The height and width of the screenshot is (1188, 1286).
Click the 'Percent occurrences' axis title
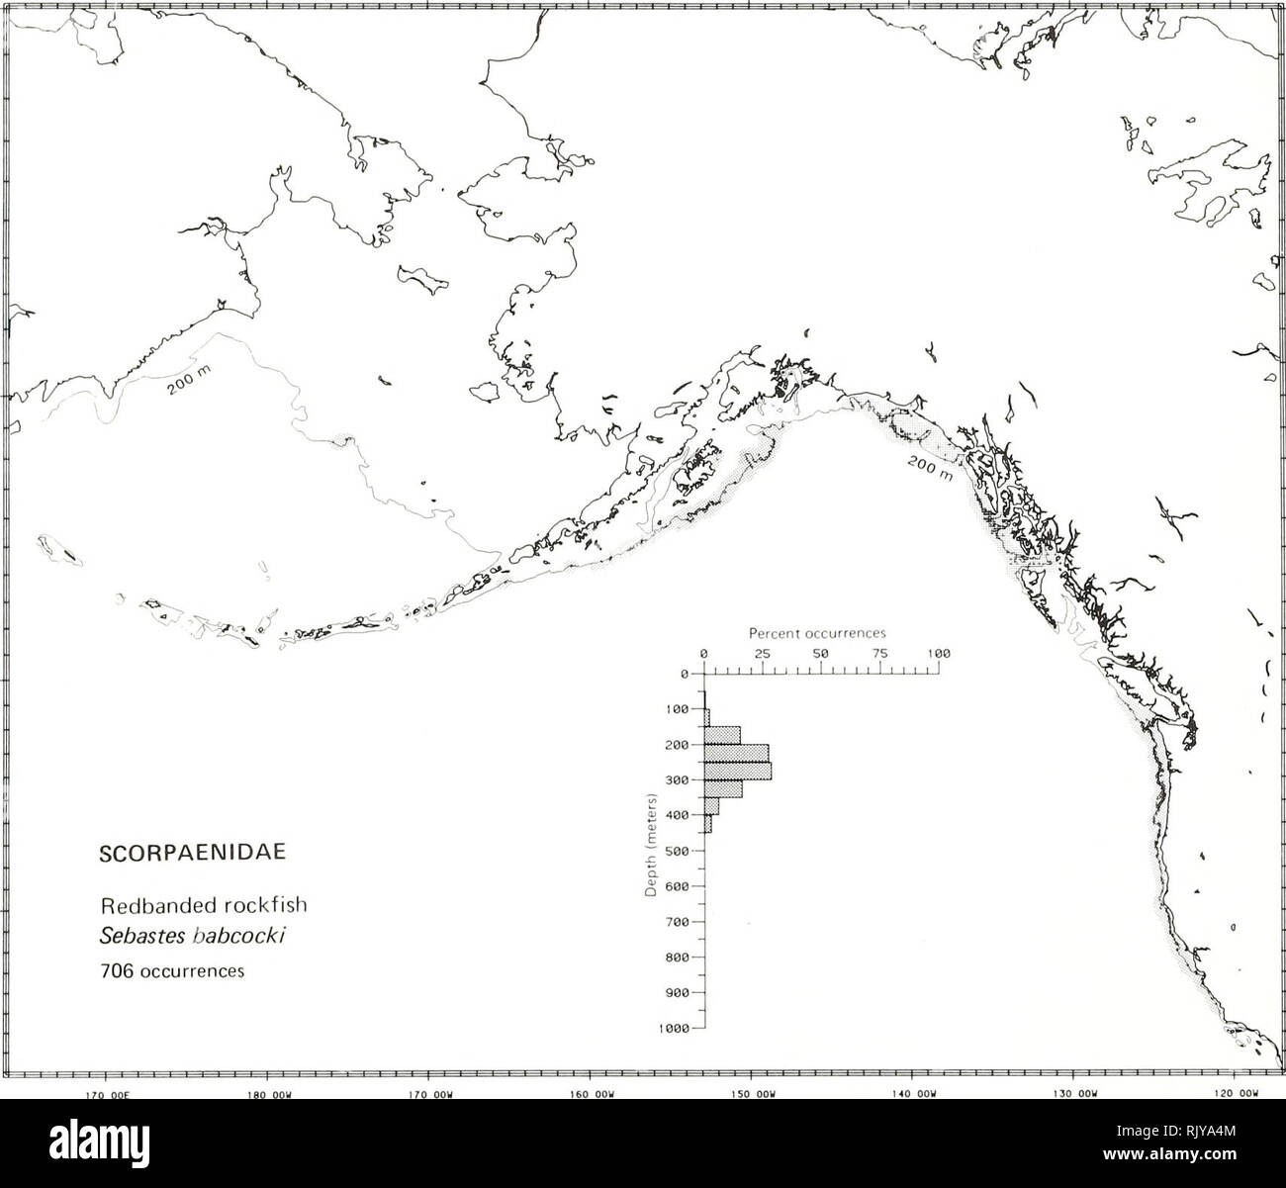click(x=817, y=632)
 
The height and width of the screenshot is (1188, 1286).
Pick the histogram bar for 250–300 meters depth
click(x=737, y=771)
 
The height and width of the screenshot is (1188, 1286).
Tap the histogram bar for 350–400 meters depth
click(x=711, y=806)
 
